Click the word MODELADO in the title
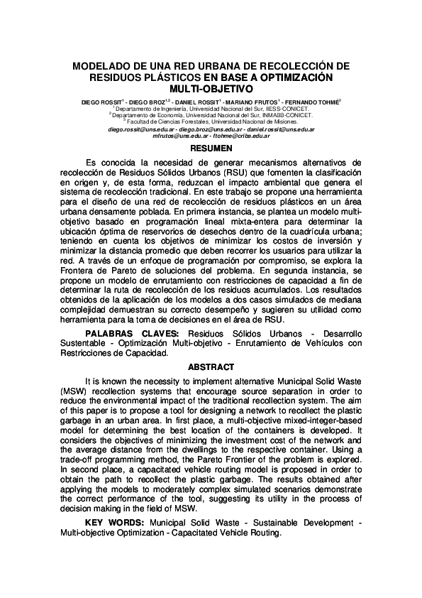[x=104, y=65]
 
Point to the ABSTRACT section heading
[x=211, y=366]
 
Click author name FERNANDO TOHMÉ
[x=316, y=102]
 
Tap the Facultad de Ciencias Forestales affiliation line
[x=211, y=121]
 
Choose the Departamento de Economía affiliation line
[x=211, y=114]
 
